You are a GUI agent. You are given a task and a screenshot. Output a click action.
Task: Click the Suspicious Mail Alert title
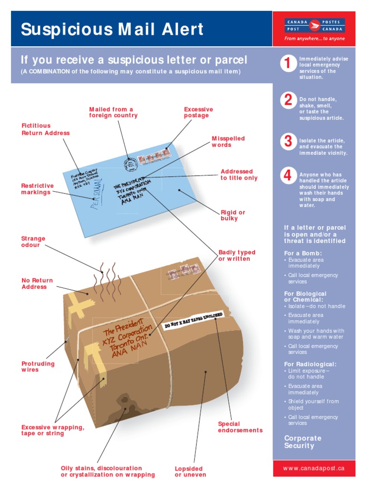click(x=112, y=30)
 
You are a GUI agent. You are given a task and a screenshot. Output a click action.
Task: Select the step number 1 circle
click(x=288, y=63)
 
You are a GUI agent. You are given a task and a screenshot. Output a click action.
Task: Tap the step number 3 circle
click(x=288, y=142)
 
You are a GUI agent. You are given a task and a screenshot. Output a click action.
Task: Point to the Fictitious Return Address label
click(x=46, y=129)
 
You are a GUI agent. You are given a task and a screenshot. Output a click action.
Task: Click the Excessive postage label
click(x=198, y=112)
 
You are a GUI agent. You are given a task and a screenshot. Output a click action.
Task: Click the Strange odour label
click(x=33, y=242)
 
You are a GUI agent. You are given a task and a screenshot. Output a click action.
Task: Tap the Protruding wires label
click(x=38, y=366)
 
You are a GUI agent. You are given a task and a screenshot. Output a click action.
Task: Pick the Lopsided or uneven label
click(x=190, y=471)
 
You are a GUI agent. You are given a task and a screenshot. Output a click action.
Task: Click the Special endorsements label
click(x=240, y=427)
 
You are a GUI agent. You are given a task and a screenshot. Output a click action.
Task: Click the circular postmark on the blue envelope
click(x=129, y=163)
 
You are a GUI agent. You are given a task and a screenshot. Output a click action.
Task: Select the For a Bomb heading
click(x=303, y=253)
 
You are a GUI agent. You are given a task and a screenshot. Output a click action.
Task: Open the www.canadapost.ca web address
click(x=314, y=468)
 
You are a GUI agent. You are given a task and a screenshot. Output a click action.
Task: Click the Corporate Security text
click(x=303, y=442)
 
